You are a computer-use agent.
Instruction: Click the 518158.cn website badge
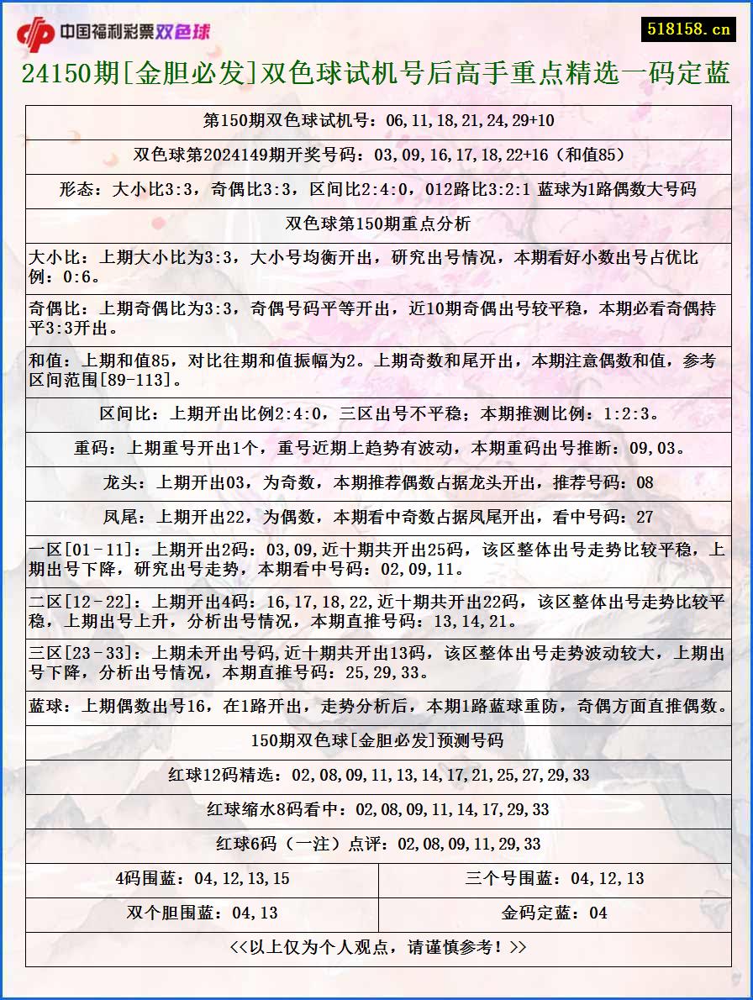tap(688, 29)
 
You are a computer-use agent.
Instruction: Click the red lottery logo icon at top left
tap(35, 34)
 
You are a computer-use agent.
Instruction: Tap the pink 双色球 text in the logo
tap(183, 33)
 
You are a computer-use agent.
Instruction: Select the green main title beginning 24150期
tap(376, 75)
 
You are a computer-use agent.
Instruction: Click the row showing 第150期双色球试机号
tap(378, 120)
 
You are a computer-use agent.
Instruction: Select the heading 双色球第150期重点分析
tap(378, 224)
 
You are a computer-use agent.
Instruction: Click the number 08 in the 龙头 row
tap(645, 482)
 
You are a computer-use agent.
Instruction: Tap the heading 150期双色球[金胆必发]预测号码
tap(378, 740)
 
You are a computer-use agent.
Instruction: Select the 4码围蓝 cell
tap(202, 878)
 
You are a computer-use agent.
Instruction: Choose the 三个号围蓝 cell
tap(555, 878)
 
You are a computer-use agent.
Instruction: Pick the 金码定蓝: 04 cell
tap(555, 913)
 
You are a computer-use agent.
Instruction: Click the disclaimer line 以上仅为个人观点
tap(378, 947)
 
